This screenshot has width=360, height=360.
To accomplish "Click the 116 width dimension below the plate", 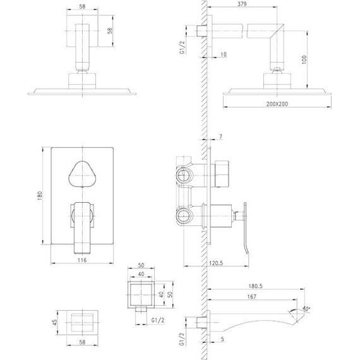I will click(83, 260).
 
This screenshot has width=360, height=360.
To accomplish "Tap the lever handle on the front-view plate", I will click(82, 222).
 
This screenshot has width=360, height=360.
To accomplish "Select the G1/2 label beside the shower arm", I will click(183, 46).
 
